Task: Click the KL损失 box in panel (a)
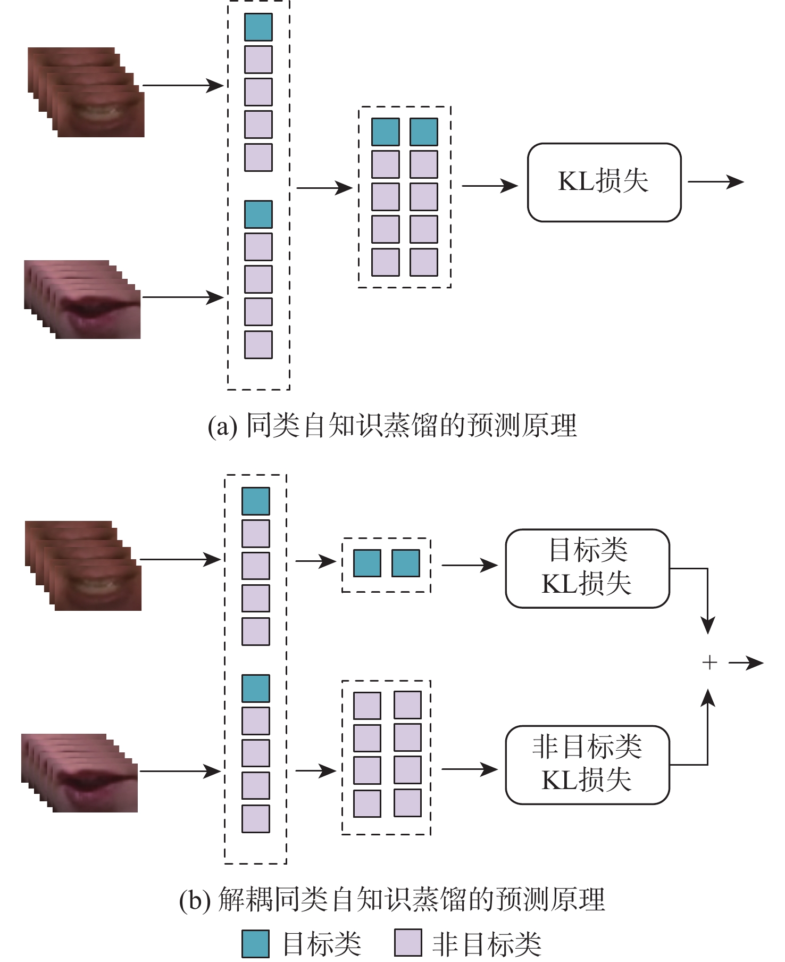coord(604,182)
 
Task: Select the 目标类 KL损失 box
coord(587,568)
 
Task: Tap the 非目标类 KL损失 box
coord(587,765)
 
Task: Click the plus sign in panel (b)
coord(709,662)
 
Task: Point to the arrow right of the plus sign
coord(746,663)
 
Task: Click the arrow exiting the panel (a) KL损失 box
coord(715,182)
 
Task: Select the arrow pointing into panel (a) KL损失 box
coord(489,186)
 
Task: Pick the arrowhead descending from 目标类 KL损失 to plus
coord(707,625)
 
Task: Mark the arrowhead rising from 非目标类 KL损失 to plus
coord(707,698)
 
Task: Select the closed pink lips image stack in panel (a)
coord(82,300)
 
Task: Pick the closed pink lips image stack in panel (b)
coord(80,773)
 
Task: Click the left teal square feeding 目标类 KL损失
coord(367,563)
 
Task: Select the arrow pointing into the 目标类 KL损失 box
coord(469,565)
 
